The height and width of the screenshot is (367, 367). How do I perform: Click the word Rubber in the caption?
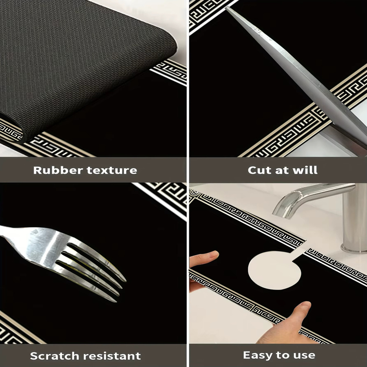click(58, 170)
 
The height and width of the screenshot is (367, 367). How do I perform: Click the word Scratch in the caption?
click(56, 356)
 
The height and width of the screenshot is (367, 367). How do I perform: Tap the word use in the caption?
click(304, 356)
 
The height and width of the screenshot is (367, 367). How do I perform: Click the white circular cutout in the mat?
click(274, 270)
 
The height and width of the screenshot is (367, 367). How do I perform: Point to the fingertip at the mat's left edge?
click(206, 257)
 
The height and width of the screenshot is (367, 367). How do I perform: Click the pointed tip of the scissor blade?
click(227, 8)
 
